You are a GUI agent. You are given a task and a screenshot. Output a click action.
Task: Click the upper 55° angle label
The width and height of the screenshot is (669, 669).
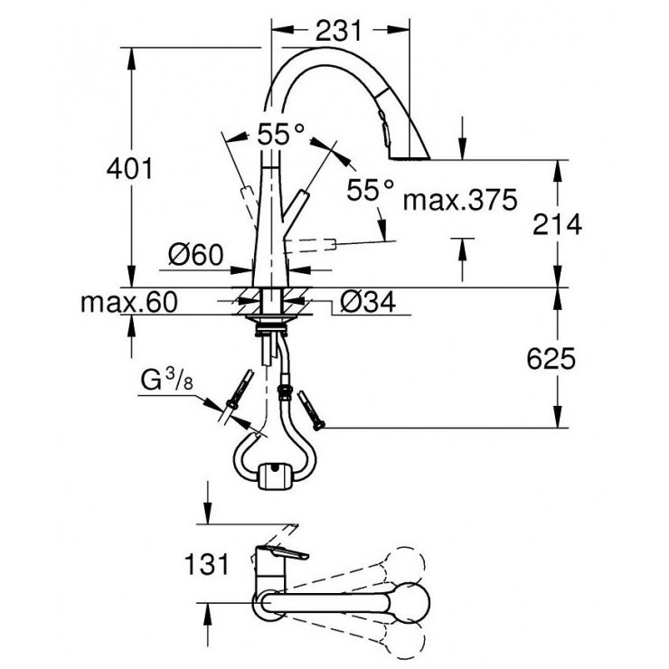tap(280, 135)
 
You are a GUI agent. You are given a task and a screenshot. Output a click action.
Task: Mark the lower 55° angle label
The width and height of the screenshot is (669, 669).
tap(371, 190)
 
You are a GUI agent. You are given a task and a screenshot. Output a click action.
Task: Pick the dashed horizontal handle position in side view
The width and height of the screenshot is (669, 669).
tap(316, 244)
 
